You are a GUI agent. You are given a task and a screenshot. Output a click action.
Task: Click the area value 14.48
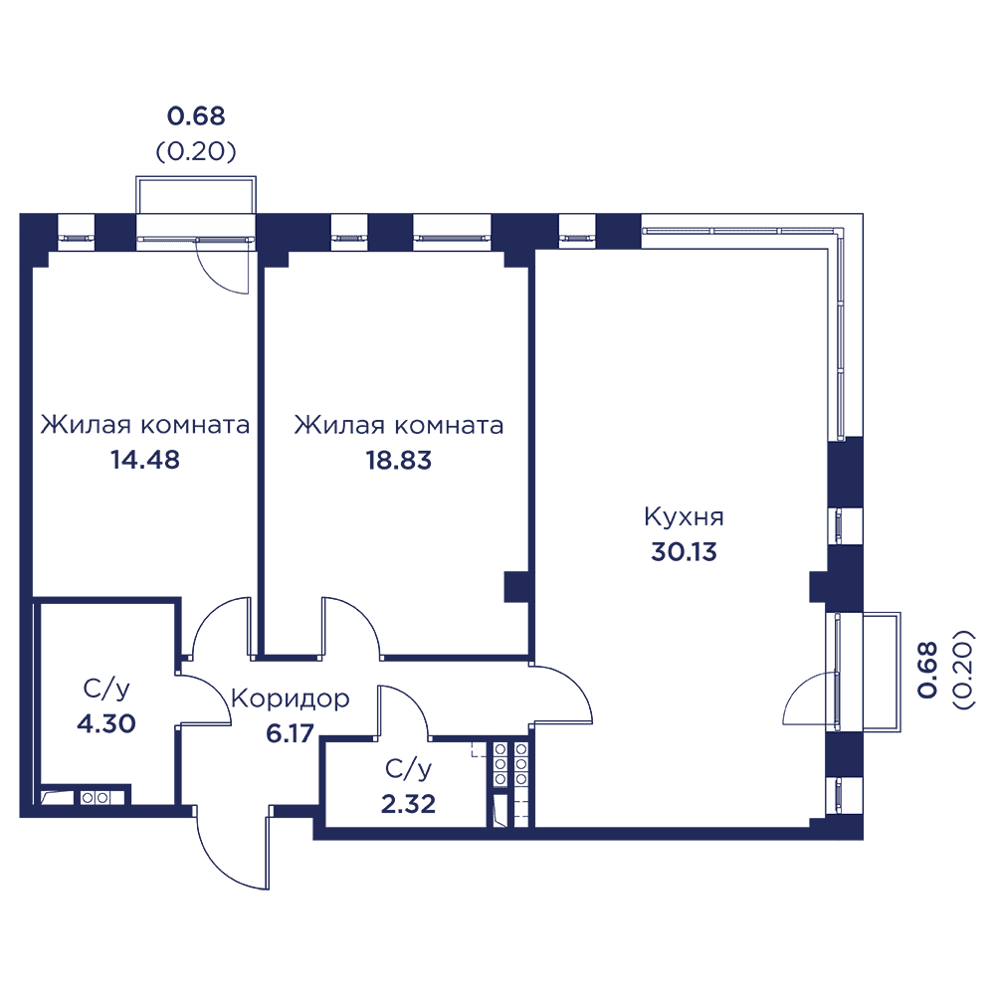145,460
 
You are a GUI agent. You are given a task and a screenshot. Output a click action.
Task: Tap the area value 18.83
399,460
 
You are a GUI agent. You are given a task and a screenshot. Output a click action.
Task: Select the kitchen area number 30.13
685,551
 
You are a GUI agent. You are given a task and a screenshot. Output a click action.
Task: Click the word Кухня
685,517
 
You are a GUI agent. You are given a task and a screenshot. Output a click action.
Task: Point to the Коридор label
290,699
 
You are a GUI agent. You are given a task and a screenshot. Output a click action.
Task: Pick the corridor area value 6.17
290,733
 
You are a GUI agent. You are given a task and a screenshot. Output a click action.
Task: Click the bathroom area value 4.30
106,723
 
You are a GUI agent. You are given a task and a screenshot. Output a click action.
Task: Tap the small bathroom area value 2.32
408,804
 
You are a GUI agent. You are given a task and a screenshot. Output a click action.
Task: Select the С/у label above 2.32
408,769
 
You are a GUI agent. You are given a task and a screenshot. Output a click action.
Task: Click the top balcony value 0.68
196,116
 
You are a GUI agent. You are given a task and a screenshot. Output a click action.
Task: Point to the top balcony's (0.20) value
196,151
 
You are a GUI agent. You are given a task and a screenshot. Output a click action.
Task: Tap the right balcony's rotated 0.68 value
927,670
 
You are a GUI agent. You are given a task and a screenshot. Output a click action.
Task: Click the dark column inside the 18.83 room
516,587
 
